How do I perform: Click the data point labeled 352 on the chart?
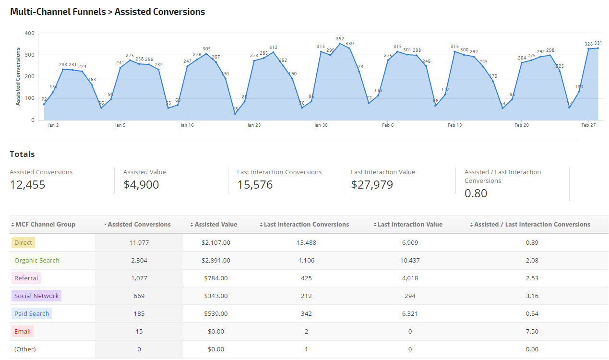[340, 44]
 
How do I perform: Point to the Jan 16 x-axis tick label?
[187, 125]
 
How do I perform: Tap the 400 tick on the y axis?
[29, 33]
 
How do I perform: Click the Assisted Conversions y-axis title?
[18, 76]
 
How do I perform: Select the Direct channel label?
[23, 242]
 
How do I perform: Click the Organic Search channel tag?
[36, 260]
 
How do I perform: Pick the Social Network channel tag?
[36, 296]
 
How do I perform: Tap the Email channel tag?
[23, 331]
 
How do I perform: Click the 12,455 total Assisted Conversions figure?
[27, 185]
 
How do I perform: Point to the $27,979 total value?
[372, 185]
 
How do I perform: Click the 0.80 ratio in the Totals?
[476, 193]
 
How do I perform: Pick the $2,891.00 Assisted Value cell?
[216, 260]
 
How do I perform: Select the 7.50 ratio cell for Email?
[532, 331]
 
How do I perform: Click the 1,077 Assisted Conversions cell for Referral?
[139, 278]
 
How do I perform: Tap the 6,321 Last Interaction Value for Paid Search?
[410, 313]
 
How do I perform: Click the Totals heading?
[22, 154]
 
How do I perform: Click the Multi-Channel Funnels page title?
[107, 12]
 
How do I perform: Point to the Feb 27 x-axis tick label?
[588, 125]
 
